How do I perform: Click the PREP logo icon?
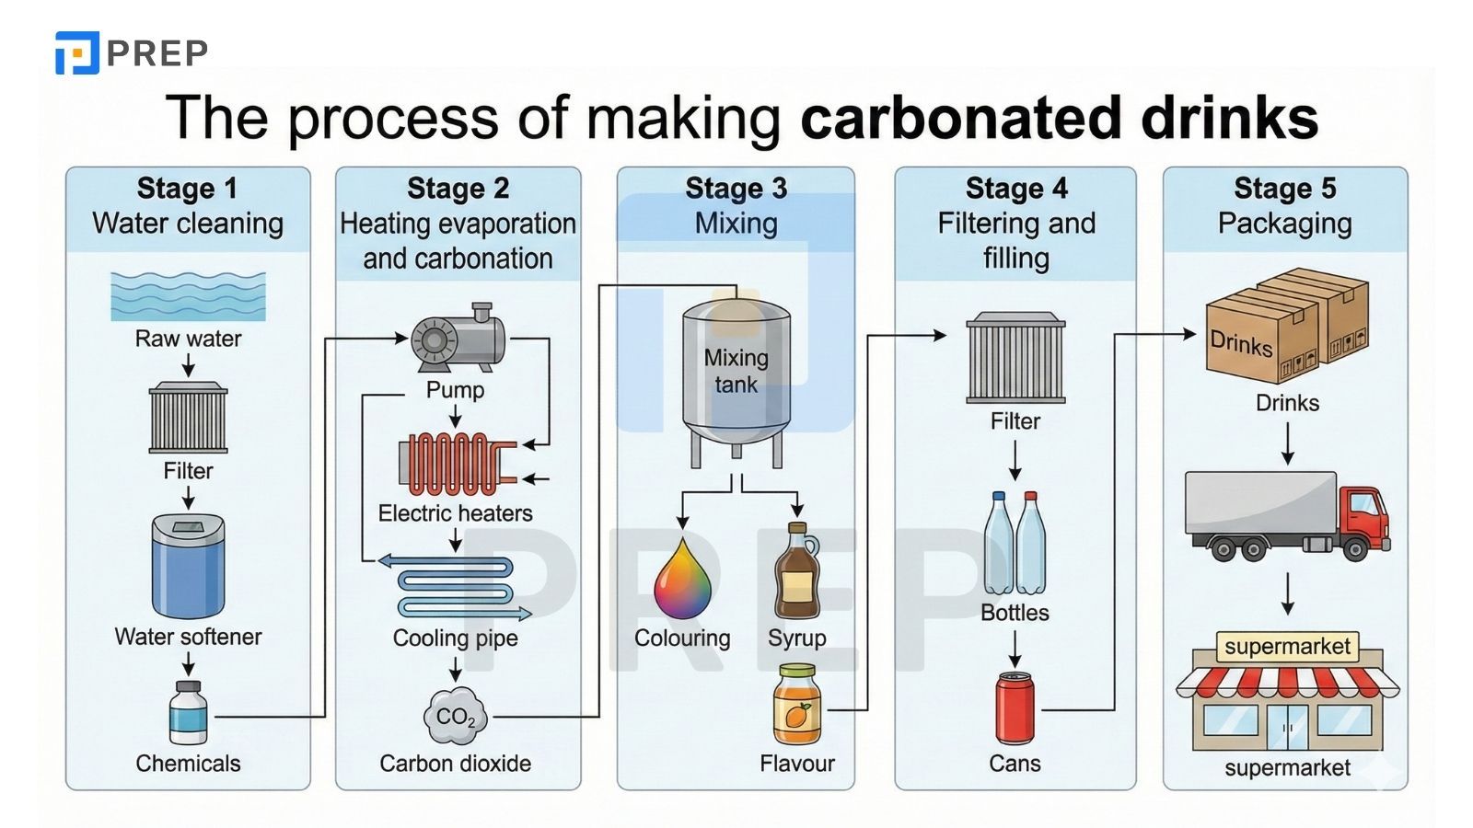click(76, 52)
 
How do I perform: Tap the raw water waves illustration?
click(188, 295)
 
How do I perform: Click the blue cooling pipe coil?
click(456, 587)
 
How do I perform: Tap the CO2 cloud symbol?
click(455, 716)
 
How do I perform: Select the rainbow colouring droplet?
click(682, 581)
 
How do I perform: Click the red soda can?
click(1015, 707)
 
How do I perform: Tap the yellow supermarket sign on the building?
click(1287, 646)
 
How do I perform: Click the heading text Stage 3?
click(736, 189)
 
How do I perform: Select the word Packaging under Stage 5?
click(1284, 224)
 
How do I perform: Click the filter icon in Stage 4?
click(1015, 359)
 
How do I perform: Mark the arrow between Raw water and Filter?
click(188, 365)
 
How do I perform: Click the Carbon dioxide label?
click(455, 763)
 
